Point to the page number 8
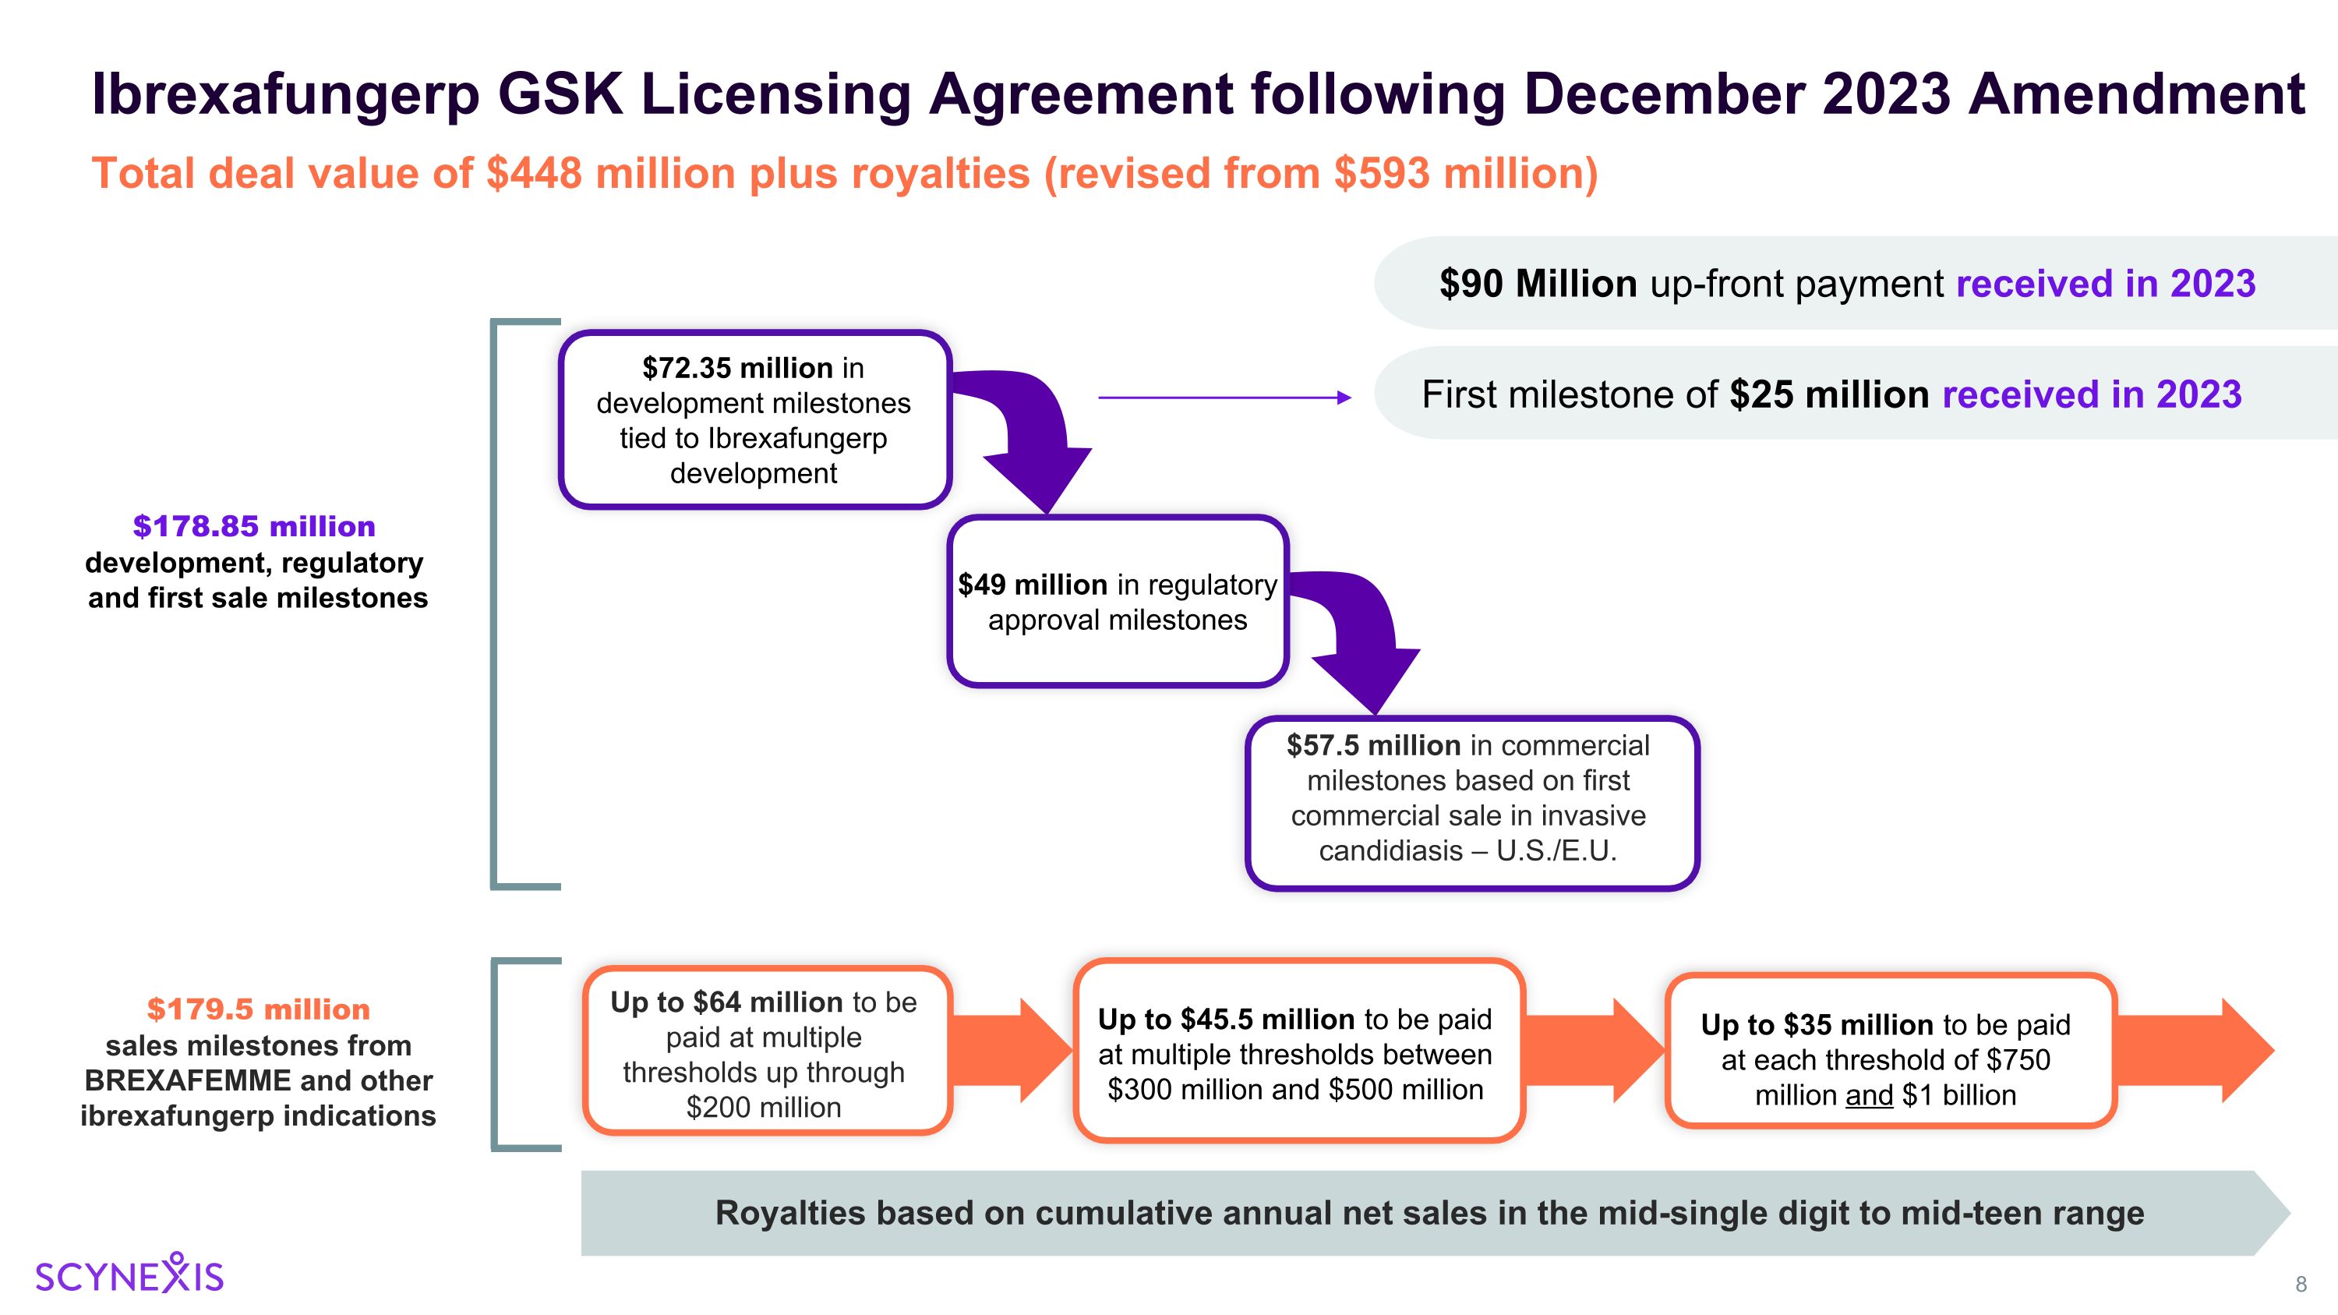[2301, 1284]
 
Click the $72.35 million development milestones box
[754, 419]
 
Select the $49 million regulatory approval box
[1118, 601]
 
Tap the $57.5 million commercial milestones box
[1471, 803]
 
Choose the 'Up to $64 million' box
[767, 1051]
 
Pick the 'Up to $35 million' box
[1891, 1051]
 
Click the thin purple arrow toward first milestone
[1224, 398]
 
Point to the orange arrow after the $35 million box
[2195, 1051]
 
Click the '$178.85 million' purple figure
[254, 526]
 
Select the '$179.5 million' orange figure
[259, 1009]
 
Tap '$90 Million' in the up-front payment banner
[1538, 284]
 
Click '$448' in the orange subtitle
[533, 173]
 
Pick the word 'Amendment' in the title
[2135, 94]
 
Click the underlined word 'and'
[1869, 1095]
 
